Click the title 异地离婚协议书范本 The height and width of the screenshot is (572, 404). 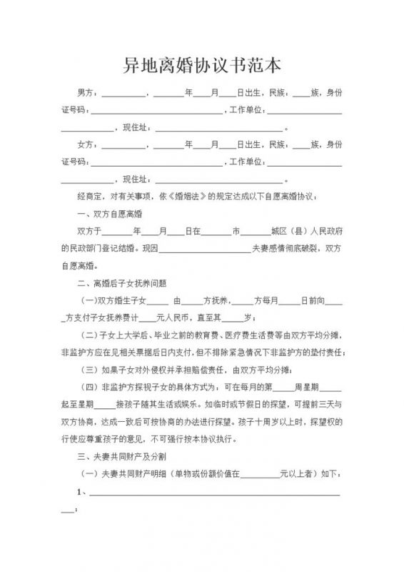[202, 66]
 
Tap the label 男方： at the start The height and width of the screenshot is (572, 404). [88, 93]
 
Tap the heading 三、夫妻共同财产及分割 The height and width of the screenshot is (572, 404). [121, 455]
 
